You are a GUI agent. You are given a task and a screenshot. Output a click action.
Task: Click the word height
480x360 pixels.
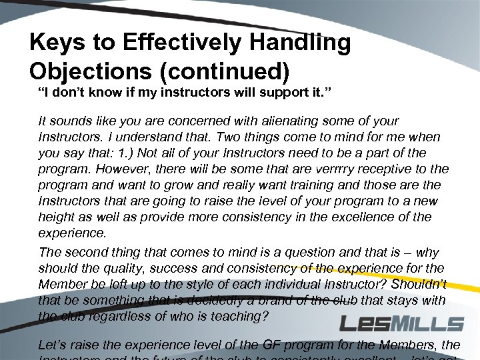[56, 217]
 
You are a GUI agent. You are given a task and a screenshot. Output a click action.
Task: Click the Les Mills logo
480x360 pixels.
[401, 324]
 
